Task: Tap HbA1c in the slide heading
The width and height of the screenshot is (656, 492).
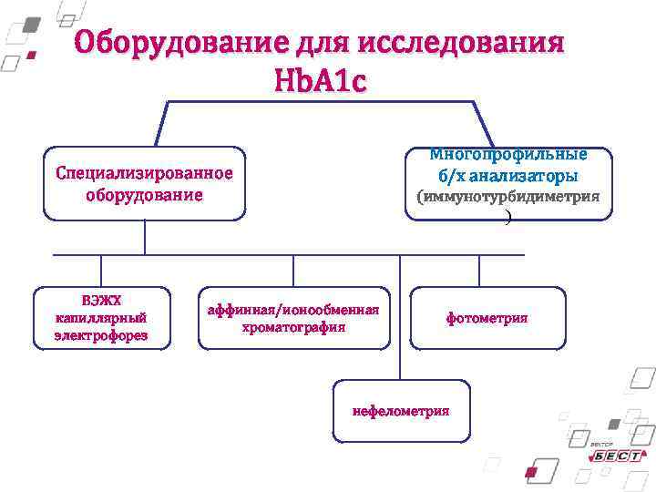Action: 320,80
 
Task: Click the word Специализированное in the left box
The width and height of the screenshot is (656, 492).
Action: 144,173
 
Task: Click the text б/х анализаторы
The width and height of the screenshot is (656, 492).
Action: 508,175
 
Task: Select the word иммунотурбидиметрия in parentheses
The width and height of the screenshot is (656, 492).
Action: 511,196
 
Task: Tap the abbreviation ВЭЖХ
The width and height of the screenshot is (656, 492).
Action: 101,301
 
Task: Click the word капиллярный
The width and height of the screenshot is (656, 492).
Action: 101,318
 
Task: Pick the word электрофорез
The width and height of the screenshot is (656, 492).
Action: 101,335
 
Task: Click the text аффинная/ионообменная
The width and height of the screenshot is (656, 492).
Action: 292,310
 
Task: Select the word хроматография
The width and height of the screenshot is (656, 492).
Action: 292,327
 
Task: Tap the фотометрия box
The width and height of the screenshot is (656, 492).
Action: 487,318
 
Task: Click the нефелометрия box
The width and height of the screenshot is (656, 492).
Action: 401,411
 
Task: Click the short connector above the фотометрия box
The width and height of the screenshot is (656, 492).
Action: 487,271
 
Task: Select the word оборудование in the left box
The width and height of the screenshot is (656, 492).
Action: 144,195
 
